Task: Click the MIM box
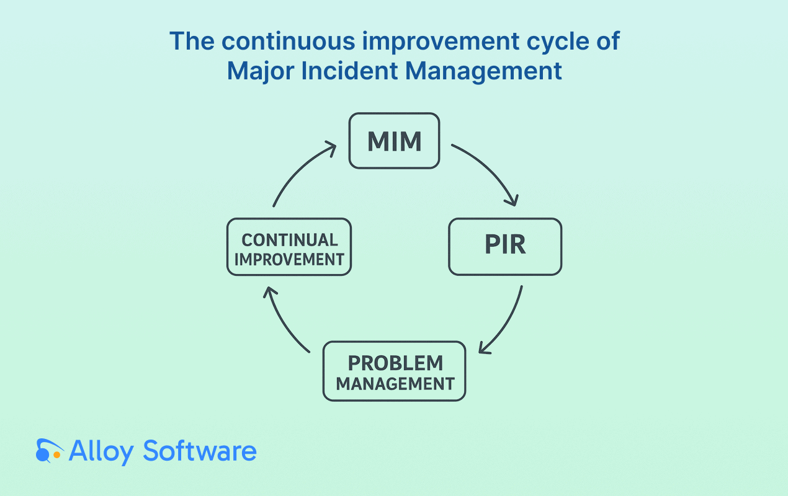click(394, 141)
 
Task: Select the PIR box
click(505, 246)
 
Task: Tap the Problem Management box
click(394, 371)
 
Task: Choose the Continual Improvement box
click(289, 246)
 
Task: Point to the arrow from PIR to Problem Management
click(506, 324)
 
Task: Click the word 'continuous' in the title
click(288, 41)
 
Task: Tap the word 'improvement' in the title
click(441, 42)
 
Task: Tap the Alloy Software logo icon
click(49, 450)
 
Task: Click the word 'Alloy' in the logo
click(101, 452)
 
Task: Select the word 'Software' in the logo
click(200, 451)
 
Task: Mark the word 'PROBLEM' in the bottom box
click(395, 363)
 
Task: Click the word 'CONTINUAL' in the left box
click(290, 241)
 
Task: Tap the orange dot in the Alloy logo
click(56, 455)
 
